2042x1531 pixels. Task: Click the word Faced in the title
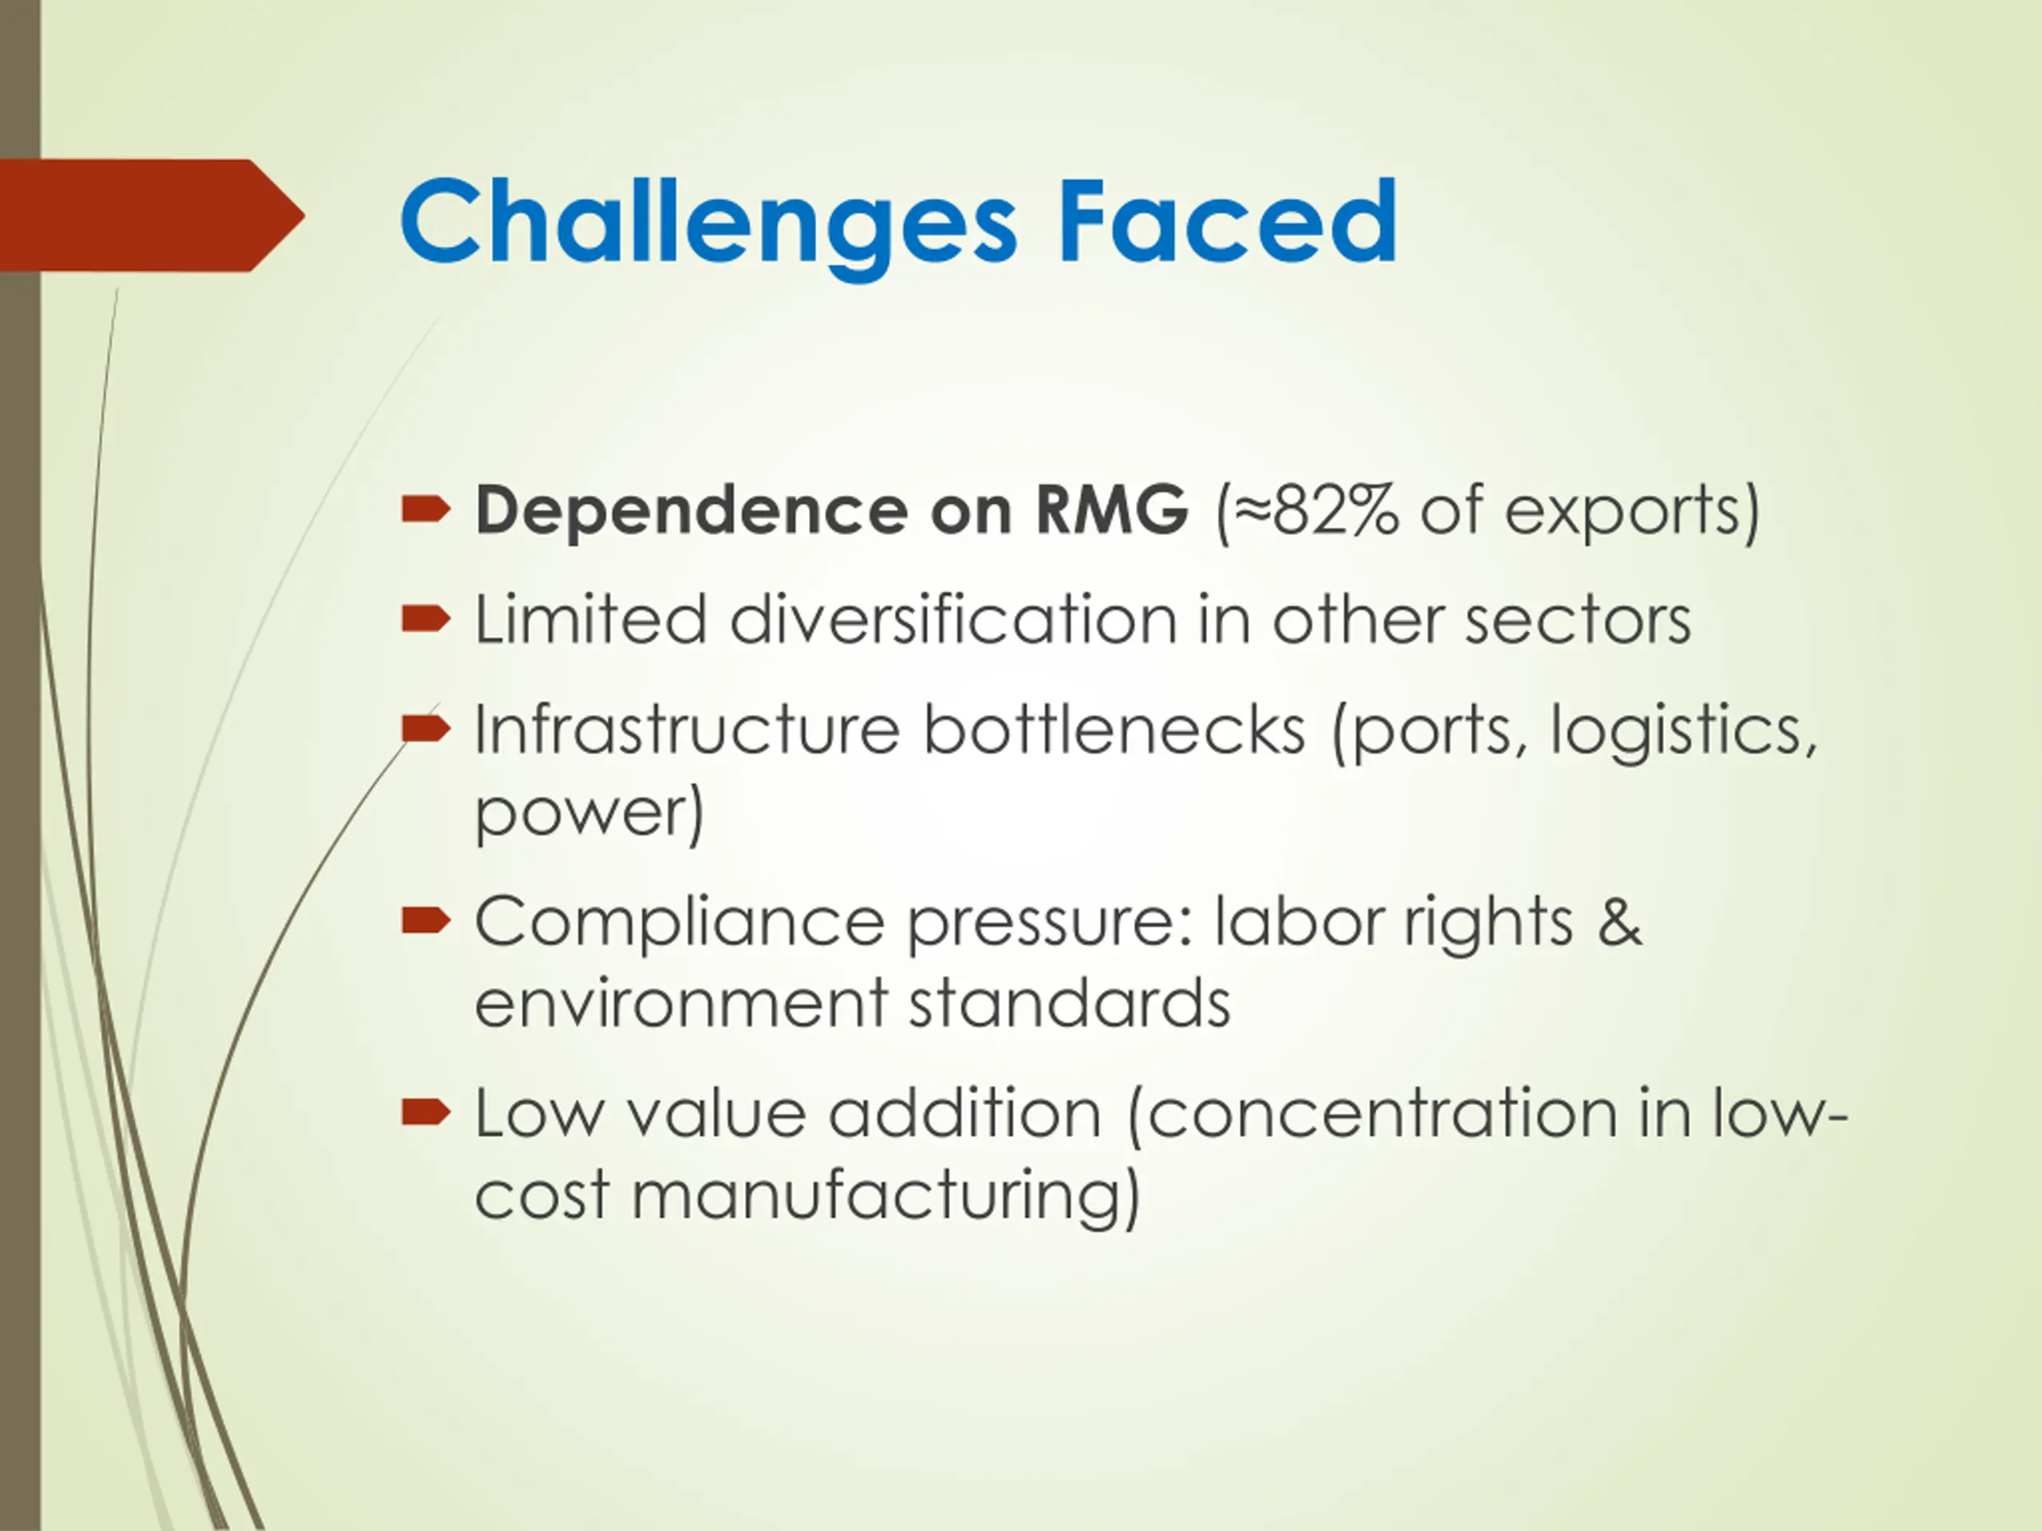(x=1227, y=222)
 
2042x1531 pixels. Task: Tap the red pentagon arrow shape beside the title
(x=152, y=215)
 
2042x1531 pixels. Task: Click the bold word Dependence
(x=692, y=510)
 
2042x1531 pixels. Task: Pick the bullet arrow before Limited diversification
(x=426, y=618)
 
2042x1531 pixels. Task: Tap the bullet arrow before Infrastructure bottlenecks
(x=426, y=729)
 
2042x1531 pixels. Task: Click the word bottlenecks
(x=1114, y=729)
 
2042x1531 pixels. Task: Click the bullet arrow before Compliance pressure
(x=426, y=920)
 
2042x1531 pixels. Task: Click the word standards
(x=1070, y=1002)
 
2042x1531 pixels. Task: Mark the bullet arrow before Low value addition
(x=426, y=1113)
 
